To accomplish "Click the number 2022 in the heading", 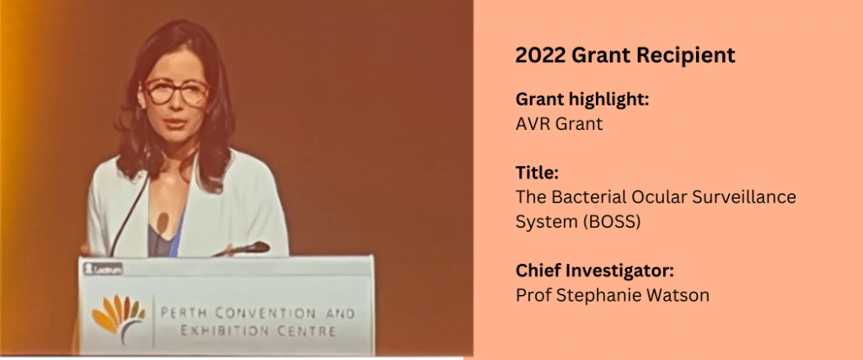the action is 540,56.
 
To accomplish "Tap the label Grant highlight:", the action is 582,100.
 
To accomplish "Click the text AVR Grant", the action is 560,124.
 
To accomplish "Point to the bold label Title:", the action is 537,173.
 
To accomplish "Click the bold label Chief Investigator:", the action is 594,271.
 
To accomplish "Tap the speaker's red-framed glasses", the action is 175,91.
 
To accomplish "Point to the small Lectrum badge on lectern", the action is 103,269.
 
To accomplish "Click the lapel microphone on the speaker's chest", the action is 161,221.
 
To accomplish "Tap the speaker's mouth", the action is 175,122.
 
